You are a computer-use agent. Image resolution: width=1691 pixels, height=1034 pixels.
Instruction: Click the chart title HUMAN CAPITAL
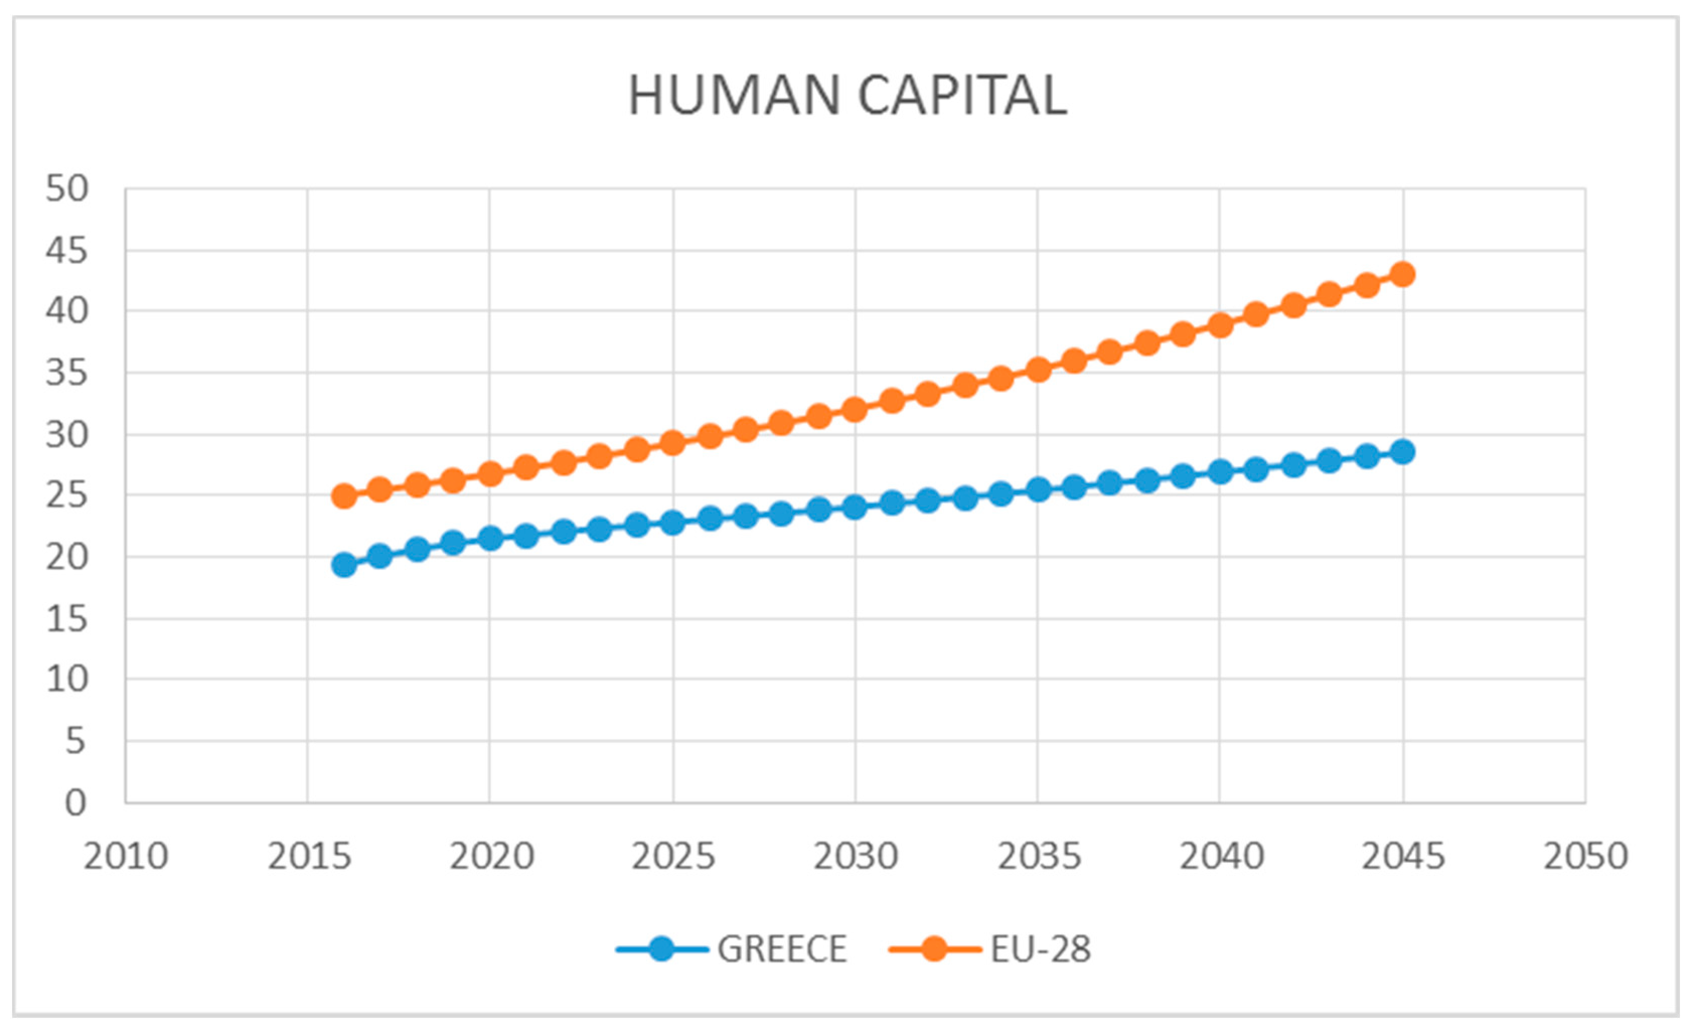point(848,96)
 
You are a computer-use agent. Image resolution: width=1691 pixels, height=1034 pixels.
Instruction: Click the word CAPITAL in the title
point(962,96)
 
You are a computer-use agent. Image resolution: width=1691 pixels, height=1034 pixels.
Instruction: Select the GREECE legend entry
point(781,949)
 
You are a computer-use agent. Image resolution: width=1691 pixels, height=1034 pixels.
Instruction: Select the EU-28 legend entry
point(1040,949)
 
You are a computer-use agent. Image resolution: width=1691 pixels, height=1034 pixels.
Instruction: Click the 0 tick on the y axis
point(75,802)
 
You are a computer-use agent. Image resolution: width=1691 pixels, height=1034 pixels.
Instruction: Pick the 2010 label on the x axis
point(126,856)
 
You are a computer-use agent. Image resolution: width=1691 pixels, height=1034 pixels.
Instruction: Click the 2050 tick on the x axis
point(1585,856)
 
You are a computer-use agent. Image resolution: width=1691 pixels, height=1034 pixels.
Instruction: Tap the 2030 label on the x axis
point(855,856)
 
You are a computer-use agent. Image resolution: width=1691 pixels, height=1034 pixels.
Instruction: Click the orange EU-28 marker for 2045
point(1403,274)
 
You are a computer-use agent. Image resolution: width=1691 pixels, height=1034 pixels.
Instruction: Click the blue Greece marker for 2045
point(1403,451)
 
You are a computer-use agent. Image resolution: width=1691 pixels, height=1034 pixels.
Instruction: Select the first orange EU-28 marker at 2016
point(344,496)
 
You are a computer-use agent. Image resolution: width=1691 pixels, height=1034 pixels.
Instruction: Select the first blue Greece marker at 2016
point(344,566)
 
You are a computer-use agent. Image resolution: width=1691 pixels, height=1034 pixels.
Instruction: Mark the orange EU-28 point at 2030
point(855,410)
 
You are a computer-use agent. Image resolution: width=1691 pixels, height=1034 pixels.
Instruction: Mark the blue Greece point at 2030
point(855,508)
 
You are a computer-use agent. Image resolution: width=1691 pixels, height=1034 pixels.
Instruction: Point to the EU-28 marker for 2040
point(1219,325)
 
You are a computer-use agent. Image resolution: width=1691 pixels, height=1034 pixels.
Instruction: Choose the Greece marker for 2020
point(490,538)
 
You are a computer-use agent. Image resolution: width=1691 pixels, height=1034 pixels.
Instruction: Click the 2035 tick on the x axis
point(1038,856)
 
